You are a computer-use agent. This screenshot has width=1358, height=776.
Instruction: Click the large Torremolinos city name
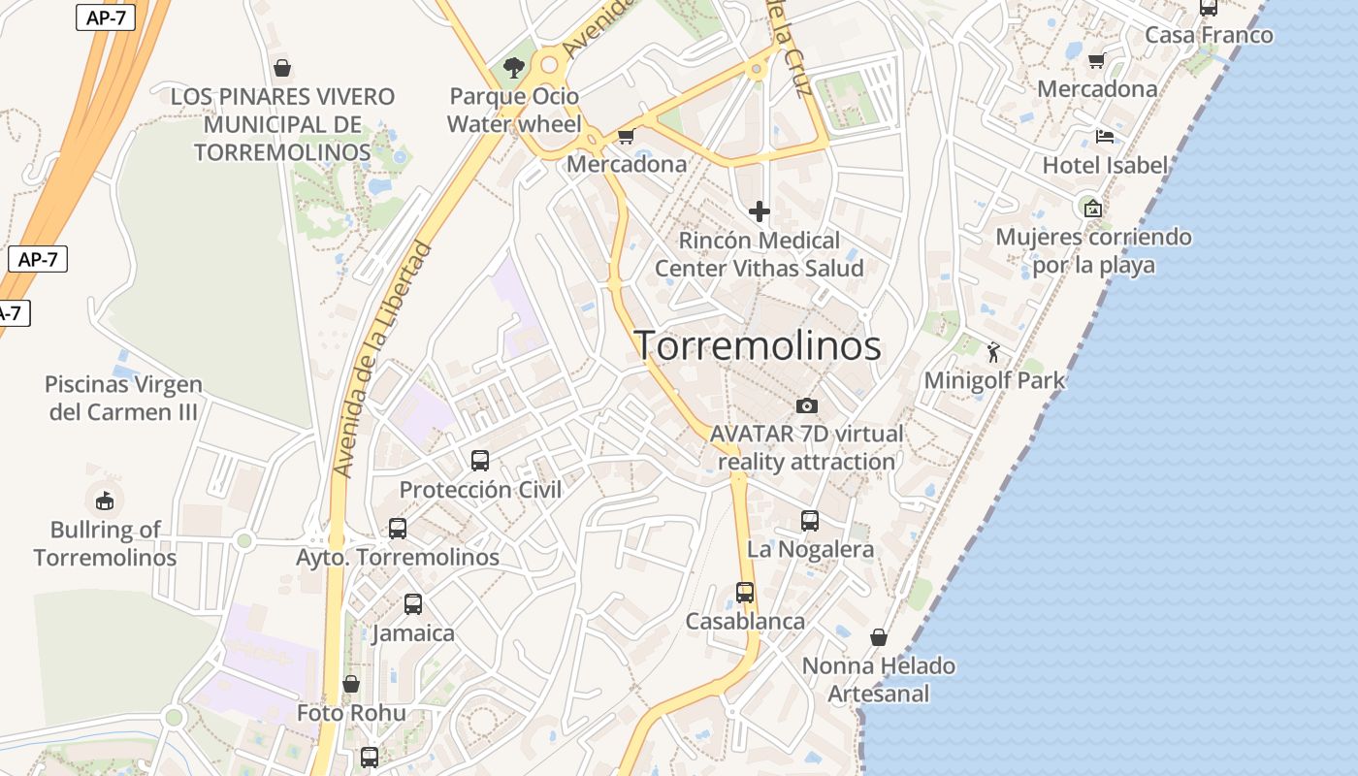tap(758, 345)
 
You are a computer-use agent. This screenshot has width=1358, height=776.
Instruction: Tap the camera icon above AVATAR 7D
tap(806, 405)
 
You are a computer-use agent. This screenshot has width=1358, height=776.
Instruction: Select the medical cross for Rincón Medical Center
tap(760, 210)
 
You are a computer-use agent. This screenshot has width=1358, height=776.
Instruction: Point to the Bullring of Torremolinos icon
tap(105, 501)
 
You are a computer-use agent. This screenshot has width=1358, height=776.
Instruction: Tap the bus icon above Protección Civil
tap(480, 460)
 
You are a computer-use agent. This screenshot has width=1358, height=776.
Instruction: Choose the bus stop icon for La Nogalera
tap(810, 521)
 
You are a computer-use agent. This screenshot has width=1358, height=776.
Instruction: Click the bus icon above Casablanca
tap(745, 592)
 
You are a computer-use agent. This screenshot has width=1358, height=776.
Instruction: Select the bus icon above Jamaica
tap(413, 604)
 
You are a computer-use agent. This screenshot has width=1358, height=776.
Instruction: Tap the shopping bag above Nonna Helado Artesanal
tap(879, 637)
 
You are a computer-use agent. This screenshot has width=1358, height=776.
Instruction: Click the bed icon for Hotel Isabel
tap(1105, 137)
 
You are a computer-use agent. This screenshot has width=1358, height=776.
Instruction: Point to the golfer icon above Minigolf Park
tap(993, 352)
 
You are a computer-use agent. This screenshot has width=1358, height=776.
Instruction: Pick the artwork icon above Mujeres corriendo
tap(1093, 208)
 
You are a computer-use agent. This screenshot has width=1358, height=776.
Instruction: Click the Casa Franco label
tap(1209, 36)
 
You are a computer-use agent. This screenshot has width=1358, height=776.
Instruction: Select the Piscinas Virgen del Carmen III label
tap(123, 398)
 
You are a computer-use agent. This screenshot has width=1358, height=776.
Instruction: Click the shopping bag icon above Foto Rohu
tap(351, 684)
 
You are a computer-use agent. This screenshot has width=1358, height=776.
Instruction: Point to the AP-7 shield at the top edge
tap(105, 16)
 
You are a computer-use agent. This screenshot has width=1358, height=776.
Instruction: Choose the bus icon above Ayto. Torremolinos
tap(398, 529)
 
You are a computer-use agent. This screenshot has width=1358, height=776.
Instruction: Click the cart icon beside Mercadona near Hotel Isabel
tap(1096, 61)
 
